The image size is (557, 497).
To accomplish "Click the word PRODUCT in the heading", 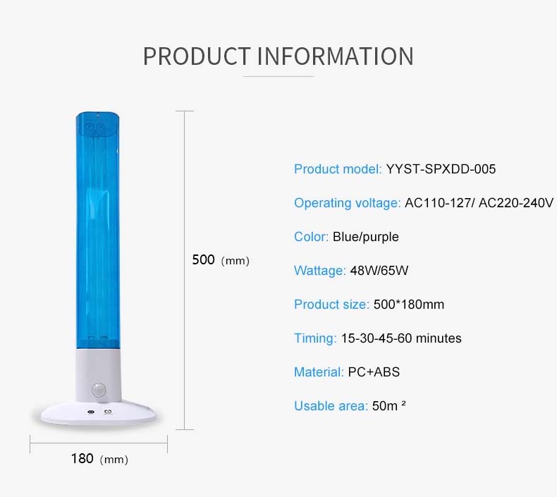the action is point(197,56).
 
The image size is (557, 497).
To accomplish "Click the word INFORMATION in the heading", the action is point(336,56).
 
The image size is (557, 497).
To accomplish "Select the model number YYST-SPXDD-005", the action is point(441,169).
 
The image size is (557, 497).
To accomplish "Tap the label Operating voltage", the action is point(347,203).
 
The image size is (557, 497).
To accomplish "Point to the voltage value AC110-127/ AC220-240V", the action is point(479,203).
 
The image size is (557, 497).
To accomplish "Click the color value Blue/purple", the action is point(365,237).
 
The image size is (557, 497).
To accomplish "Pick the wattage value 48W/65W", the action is point(379,271).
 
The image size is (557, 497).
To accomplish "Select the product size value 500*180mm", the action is point(409,305).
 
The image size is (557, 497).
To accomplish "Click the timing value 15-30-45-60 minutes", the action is point(401,338).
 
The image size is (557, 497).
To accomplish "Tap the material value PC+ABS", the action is point(374,372).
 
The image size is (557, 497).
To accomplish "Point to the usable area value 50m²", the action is point(389,405).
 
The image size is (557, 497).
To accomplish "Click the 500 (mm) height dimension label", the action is point(221,260).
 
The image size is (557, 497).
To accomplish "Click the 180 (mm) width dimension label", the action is point(99,459).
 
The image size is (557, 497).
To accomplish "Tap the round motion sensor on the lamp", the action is point(99,390).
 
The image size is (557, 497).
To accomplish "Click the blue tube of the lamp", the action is point(98,231).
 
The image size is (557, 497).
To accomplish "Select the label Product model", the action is point(338,169).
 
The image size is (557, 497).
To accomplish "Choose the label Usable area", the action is point(331,405).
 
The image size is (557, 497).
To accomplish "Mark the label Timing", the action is point(315,338).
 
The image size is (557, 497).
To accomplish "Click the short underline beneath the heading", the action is point(278,76).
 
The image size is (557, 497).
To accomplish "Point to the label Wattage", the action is point(320,271).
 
